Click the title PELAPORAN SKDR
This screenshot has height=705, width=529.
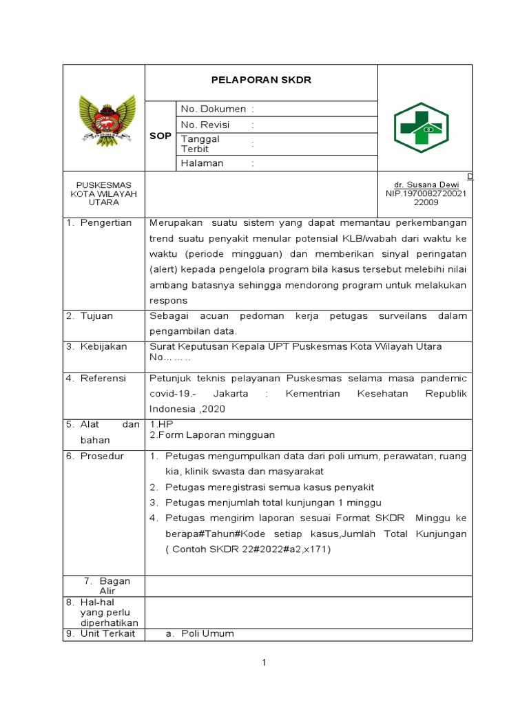[x=260, y=80]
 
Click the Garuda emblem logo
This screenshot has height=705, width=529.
[x=103, y=118]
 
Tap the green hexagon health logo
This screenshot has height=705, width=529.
[x=421, y=127]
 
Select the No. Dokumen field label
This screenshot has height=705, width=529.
[x=213, y=109]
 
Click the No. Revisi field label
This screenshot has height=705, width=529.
[x=205, y=125]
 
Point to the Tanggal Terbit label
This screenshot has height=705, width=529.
[x=200, y=144]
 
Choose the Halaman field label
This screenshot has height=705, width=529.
[x=203, y=163]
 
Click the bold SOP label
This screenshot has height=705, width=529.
[x=160, y=136]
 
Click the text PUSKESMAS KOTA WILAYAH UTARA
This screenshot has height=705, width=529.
[x=103, y=193]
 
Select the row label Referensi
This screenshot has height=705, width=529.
[x=103, y=378]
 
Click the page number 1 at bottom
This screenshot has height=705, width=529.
[x=263, y=662]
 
